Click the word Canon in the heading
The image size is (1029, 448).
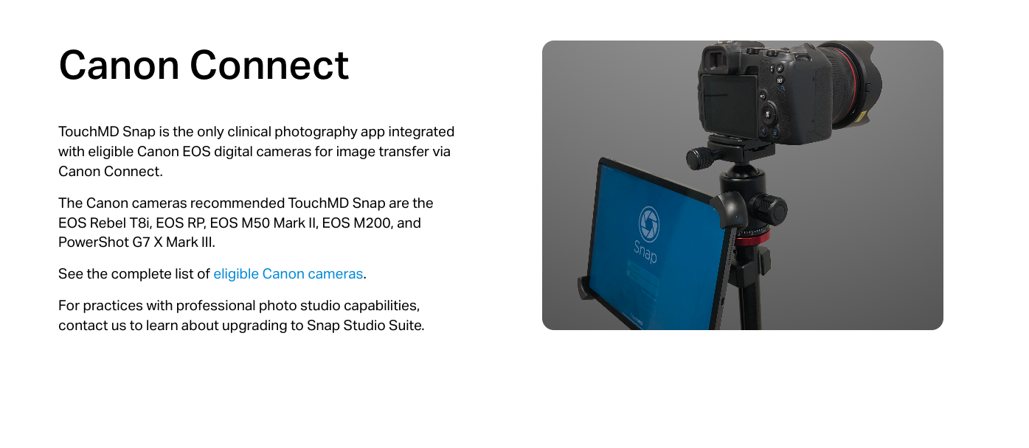tap(119, 65)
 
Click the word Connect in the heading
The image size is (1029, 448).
tap(269, 65)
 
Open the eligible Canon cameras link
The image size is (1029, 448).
tap(288, 274)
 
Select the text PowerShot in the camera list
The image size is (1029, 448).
tap(93, 242)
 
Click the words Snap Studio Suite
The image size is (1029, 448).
tap(364, 326)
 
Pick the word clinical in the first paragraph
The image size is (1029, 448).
tap(249, 132)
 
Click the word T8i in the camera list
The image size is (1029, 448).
tap(140, 223)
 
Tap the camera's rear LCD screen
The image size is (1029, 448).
tap(728, 105)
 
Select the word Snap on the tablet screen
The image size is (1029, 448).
tap(645, 252)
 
